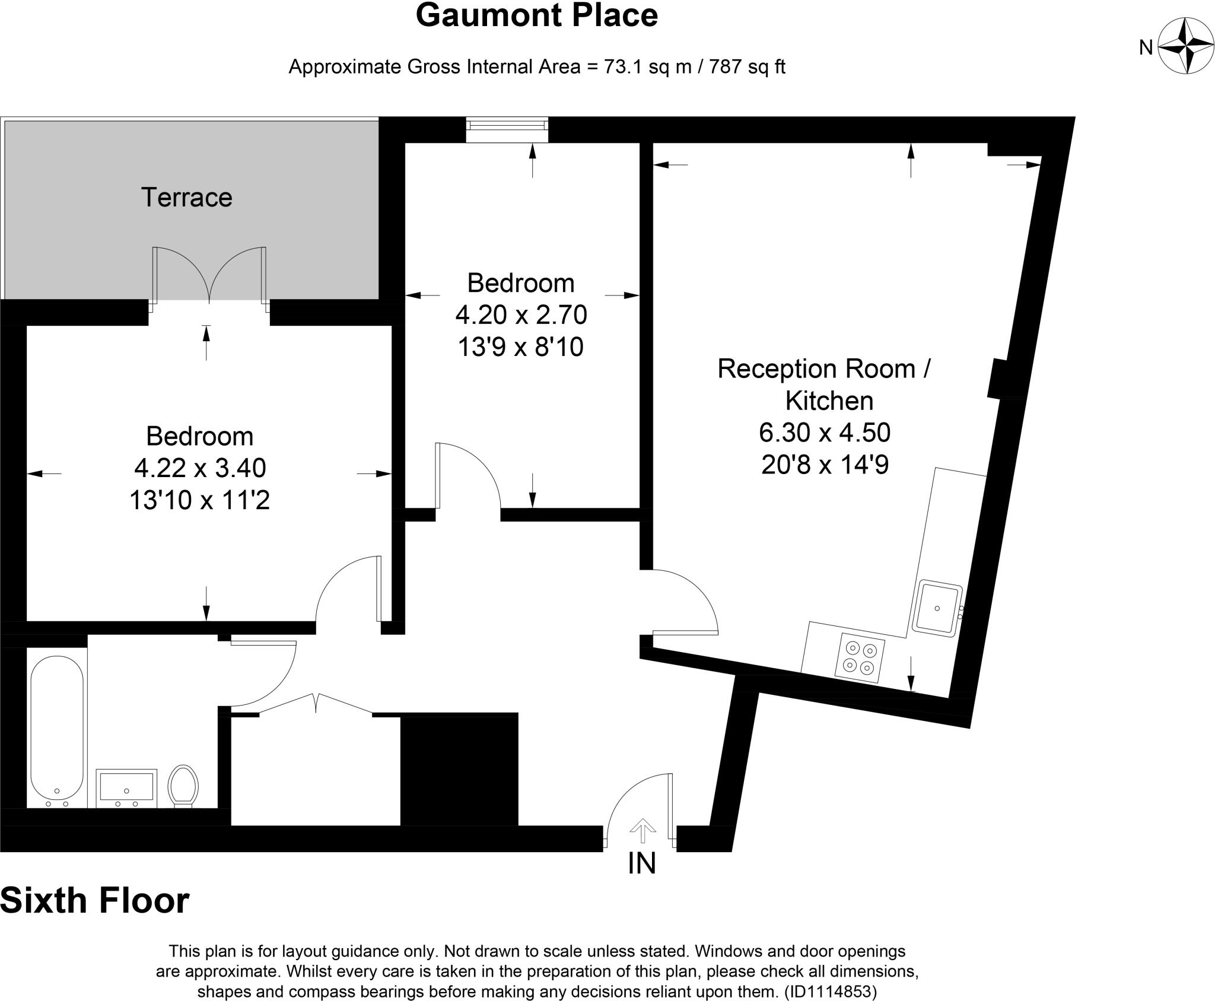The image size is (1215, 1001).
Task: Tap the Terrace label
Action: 186,198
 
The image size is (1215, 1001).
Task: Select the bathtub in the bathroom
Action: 57,729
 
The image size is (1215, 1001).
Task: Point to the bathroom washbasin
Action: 126,788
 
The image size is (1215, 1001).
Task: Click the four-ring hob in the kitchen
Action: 860,657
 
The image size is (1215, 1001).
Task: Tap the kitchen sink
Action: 937,609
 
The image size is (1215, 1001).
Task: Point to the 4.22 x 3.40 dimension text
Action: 200,468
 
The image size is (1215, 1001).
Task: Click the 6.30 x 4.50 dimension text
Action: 825,433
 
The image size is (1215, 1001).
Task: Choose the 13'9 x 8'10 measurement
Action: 520,347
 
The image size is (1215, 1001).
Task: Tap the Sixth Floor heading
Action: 95,900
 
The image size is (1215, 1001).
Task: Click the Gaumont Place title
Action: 536,16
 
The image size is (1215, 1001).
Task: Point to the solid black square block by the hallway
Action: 459,769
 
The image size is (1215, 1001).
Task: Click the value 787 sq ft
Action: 742,67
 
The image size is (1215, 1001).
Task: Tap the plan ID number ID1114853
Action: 831,992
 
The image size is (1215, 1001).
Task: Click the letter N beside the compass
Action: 1146,47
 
